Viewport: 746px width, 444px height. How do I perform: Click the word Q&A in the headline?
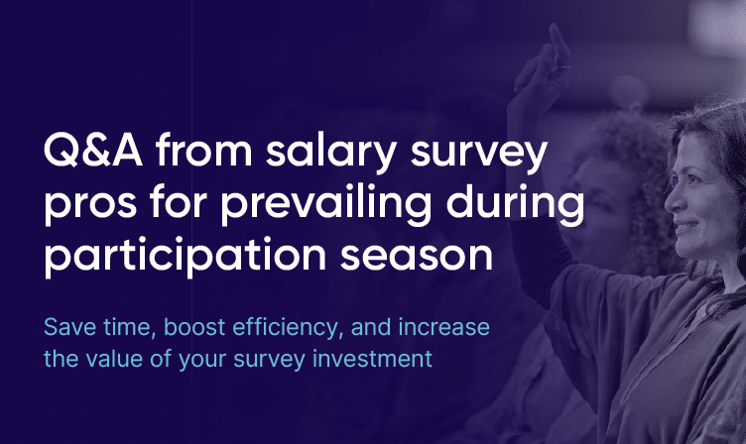(x=93, y=152)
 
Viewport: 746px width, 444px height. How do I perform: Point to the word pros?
(x=91, y=206)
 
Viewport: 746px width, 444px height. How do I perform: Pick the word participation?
(x=186, y=256)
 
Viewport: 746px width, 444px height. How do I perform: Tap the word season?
(x=417, y=257)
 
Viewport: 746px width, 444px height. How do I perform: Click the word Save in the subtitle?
(x=69, y=327)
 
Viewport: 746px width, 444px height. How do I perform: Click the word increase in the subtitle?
(x=443, y=327)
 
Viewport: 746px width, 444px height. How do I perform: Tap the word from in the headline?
(x=203, y=151)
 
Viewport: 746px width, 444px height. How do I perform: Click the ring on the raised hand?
(x=562, y=66)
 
